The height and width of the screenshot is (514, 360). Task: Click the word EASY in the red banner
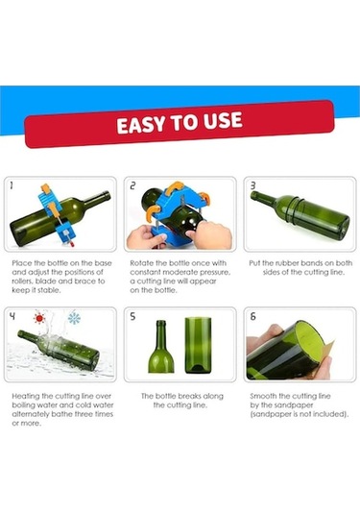tap(142, 125)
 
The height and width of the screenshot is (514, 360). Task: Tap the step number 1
tap(12, 185)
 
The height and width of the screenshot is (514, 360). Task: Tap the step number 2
tap(132, 185)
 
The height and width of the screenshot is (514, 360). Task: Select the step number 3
tap(252, 185)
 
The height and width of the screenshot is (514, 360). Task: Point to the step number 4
tap(12, 316)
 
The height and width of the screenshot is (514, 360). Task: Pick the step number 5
tap(132, 316)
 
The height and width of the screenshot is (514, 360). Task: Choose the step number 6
tap(252, 316)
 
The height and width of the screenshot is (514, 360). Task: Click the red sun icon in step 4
tap(39, 318)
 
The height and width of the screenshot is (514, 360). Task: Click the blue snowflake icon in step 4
tap(74, 318)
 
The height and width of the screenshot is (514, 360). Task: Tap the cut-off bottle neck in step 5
tap(161, 347)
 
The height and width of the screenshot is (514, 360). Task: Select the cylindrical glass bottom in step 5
tap(198, 345)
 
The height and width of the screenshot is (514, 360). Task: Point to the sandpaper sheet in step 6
tap(328, 351)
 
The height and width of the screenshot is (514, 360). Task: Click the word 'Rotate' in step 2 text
tap(141, 263)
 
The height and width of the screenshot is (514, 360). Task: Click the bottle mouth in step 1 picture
tap(107, 196)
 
